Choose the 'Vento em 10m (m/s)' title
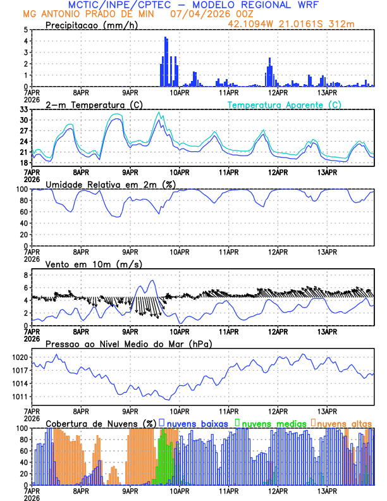pos(85,264)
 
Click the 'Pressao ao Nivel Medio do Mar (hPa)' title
pos(129,343)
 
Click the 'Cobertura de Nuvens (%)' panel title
pos(101,423)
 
